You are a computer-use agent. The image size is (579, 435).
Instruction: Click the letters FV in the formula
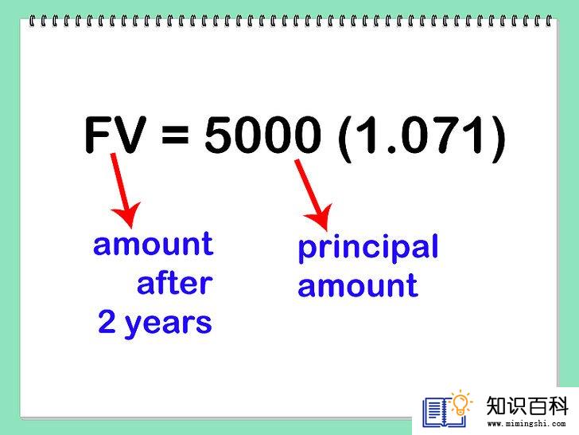point(115,135)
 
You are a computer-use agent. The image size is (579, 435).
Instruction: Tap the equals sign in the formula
point(175,135)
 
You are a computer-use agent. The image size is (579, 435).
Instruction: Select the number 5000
point(263,135)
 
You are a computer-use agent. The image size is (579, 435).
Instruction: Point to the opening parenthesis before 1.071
point(345,139)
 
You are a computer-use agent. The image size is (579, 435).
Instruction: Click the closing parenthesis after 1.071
point(497,139)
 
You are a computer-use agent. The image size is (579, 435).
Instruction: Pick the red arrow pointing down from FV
point(123,190)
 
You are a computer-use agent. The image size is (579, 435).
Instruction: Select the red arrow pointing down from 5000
point(314,194)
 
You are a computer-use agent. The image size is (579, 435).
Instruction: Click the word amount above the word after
point(153,244)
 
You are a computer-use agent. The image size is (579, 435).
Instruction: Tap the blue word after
point(175,283)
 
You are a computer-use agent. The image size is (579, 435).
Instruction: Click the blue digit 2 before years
point(107,321)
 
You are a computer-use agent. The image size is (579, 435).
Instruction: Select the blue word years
point(169,325)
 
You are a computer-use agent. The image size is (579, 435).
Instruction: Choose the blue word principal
point(368,248)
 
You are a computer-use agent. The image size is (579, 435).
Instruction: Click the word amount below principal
point(358,285)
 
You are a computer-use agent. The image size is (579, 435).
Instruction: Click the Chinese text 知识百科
point(527,406)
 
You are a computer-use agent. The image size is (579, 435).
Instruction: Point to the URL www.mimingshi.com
point(527,424)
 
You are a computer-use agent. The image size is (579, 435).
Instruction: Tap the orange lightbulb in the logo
point(460,403)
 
